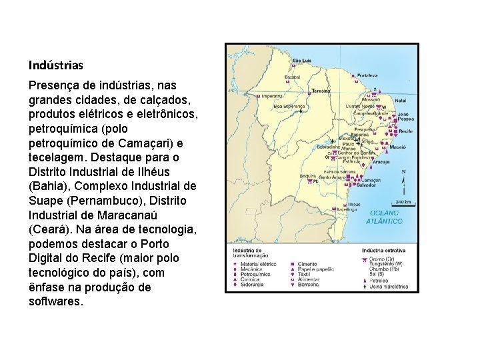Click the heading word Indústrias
pyautogui.click(x=56, y=65)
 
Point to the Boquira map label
pyautogui.click(x=307, y=176)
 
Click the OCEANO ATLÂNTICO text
pyautogui.click(x=386, y=216)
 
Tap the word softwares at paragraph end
pyautogui.click(x=56, y=301)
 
